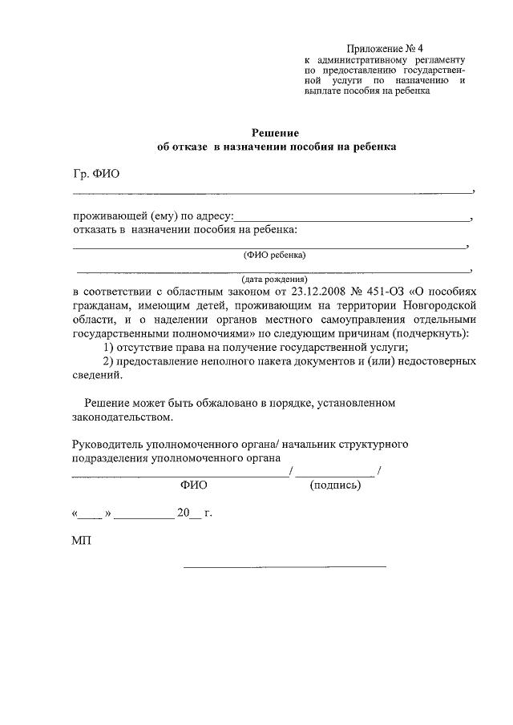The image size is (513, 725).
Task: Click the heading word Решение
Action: pos(275,133)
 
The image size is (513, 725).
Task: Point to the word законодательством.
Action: pos(121,417)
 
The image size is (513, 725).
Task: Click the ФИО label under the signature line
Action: pos(194,485)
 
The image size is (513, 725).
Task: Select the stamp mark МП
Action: pos(82,541)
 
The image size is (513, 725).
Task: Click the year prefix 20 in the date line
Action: pos(184,513)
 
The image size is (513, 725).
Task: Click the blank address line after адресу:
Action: pos(353,216)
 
